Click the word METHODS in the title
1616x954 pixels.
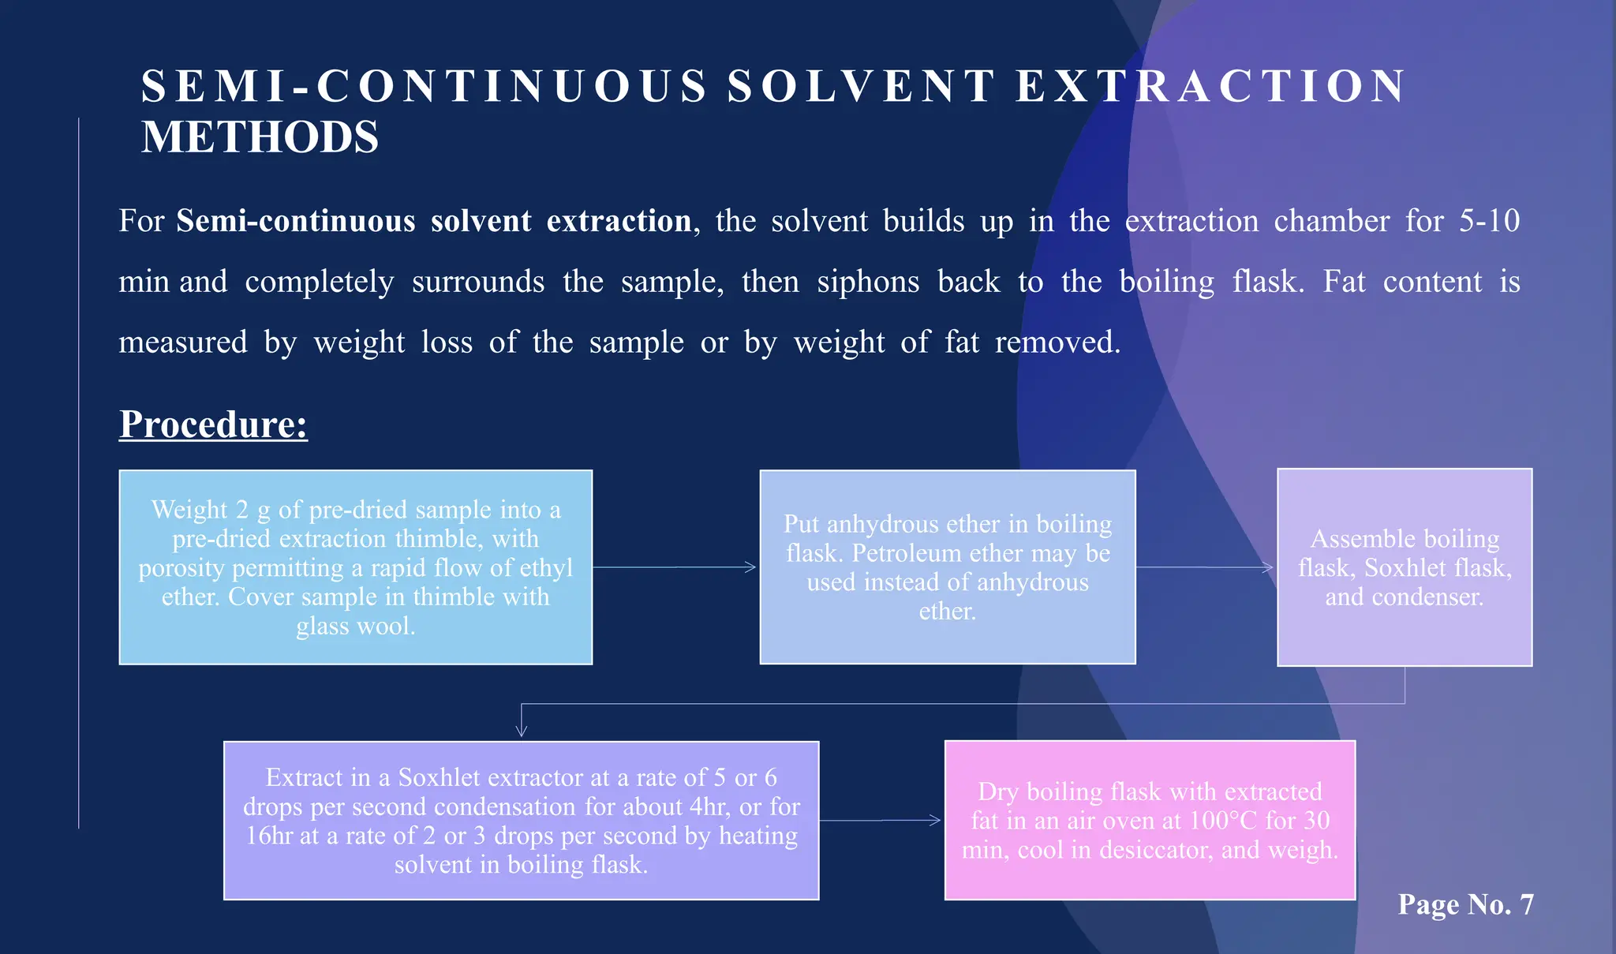(260, 137)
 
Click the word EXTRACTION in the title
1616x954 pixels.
(1211, 86)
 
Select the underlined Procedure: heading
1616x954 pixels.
(213, 425)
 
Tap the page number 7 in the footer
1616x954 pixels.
(1526, 904)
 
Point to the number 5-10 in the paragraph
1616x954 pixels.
(1489, 221)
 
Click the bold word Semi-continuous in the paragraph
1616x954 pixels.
(296, 221)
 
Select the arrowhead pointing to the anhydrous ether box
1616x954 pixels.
(751, 567)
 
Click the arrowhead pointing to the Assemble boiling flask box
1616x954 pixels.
(1268, 567)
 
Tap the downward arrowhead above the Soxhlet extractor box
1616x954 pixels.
(521, 731)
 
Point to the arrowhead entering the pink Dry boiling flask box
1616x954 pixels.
(936, 821)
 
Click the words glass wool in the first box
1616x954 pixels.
(355, 627)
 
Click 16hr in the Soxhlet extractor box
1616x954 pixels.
(269, 836)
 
